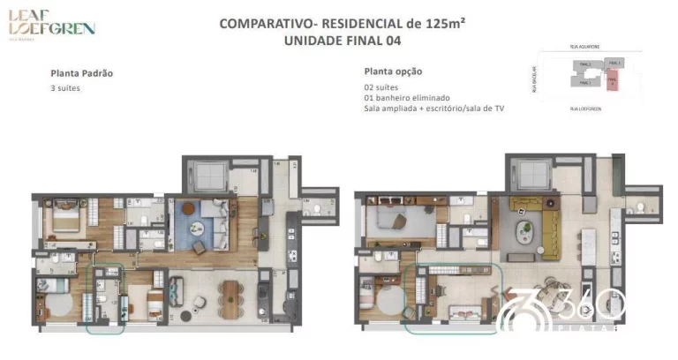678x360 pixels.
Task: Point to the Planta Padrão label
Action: pyautogui.click(x=82, y=73)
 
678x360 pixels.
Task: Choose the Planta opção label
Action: pyautogui.click(x=393, y=71)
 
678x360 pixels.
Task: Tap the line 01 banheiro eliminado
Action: pyautogui.click(x=407, y=97)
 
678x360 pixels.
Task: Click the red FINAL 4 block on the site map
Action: pyautogui.click(x=614, y=82)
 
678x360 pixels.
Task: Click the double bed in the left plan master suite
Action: pyautogui.click(x=67, y=216)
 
